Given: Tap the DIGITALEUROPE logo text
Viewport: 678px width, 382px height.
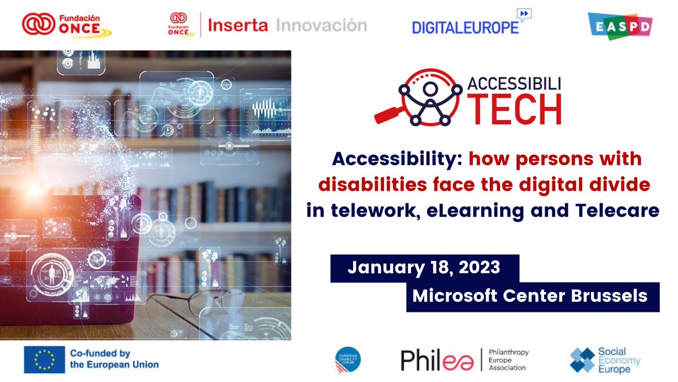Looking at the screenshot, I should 465,27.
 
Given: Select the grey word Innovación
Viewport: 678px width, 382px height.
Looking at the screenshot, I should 321,25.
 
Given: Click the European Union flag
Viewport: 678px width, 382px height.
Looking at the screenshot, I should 44,358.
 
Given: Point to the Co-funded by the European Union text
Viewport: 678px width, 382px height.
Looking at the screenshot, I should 114,359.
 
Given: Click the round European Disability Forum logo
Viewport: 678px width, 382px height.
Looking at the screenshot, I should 347,359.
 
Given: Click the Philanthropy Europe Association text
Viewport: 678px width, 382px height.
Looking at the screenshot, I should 506,359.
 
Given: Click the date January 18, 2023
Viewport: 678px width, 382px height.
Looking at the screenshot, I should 424,267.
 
